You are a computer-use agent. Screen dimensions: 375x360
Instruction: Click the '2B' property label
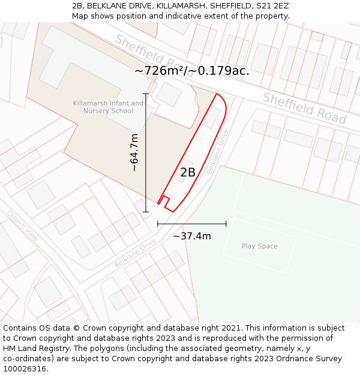pos(188,173)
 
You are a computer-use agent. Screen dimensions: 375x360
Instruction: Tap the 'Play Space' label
pos(260,246)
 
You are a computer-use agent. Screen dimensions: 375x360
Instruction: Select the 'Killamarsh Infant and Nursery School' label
pos(108,107)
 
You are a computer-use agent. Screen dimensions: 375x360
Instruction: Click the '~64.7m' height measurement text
pos(134,153)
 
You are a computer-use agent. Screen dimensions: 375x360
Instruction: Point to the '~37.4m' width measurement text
pos(192,236)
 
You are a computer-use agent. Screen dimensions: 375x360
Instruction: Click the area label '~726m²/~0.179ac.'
pos(192,71)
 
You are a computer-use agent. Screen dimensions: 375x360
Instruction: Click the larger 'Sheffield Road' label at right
pos(305,109)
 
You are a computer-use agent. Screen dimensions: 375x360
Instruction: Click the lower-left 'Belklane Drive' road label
pos(135,253)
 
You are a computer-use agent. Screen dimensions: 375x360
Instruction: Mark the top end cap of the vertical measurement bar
pos(146,94)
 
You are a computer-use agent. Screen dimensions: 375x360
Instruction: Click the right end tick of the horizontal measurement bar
pos(226,224)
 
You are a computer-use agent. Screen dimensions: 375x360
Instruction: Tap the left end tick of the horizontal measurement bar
pos(158,224)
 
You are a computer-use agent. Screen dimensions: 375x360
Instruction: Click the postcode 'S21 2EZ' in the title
pos(274,6)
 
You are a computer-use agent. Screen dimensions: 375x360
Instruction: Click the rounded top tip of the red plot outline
pos(220,96)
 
